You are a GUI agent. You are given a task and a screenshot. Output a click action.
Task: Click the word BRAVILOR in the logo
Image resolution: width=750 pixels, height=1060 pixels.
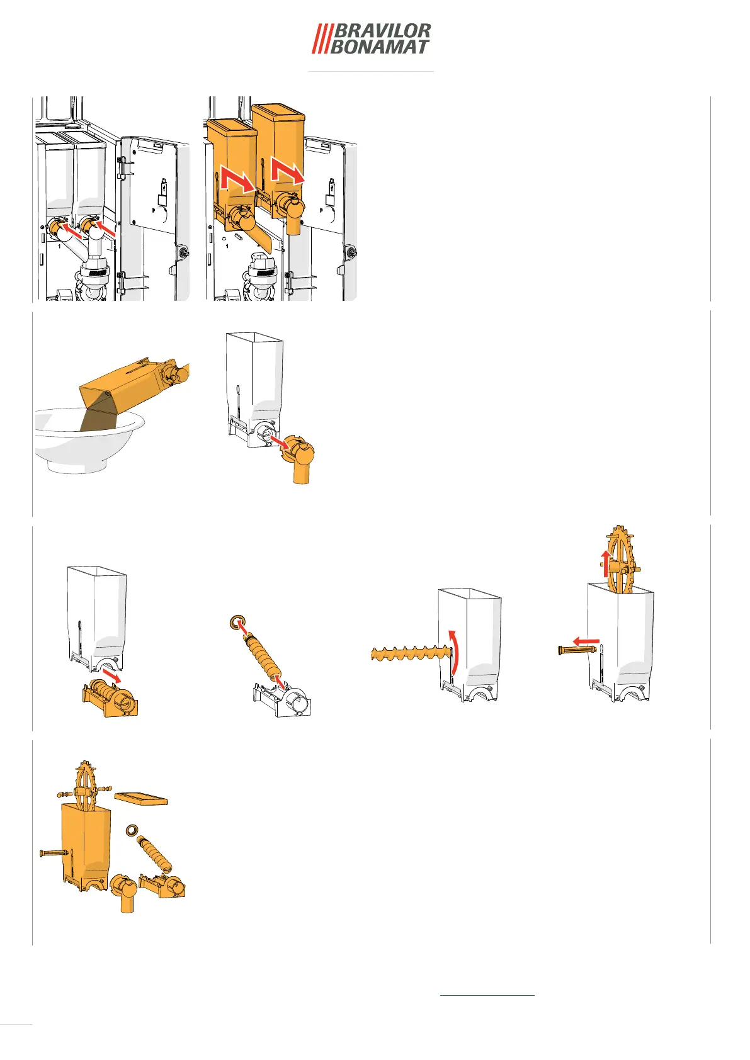coord(382,31)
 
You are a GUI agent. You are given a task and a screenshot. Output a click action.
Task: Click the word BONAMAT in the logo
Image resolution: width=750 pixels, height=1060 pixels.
coord(379,47)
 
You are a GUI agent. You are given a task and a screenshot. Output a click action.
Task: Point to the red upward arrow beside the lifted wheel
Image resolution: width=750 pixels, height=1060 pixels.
coord(606,563)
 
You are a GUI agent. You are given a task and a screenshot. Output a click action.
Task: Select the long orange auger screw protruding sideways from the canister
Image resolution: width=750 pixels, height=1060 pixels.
coord(410,653)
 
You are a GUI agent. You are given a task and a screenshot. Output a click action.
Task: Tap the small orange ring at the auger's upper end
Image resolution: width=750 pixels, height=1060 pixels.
coord(236,622)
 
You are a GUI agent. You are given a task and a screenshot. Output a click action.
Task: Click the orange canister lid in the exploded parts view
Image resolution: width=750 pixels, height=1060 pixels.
coord(141,799)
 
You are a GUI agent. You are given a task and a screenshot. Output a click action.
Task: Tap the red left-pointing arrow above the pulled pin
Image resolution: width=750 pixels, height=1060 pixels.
coord(586,641)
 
